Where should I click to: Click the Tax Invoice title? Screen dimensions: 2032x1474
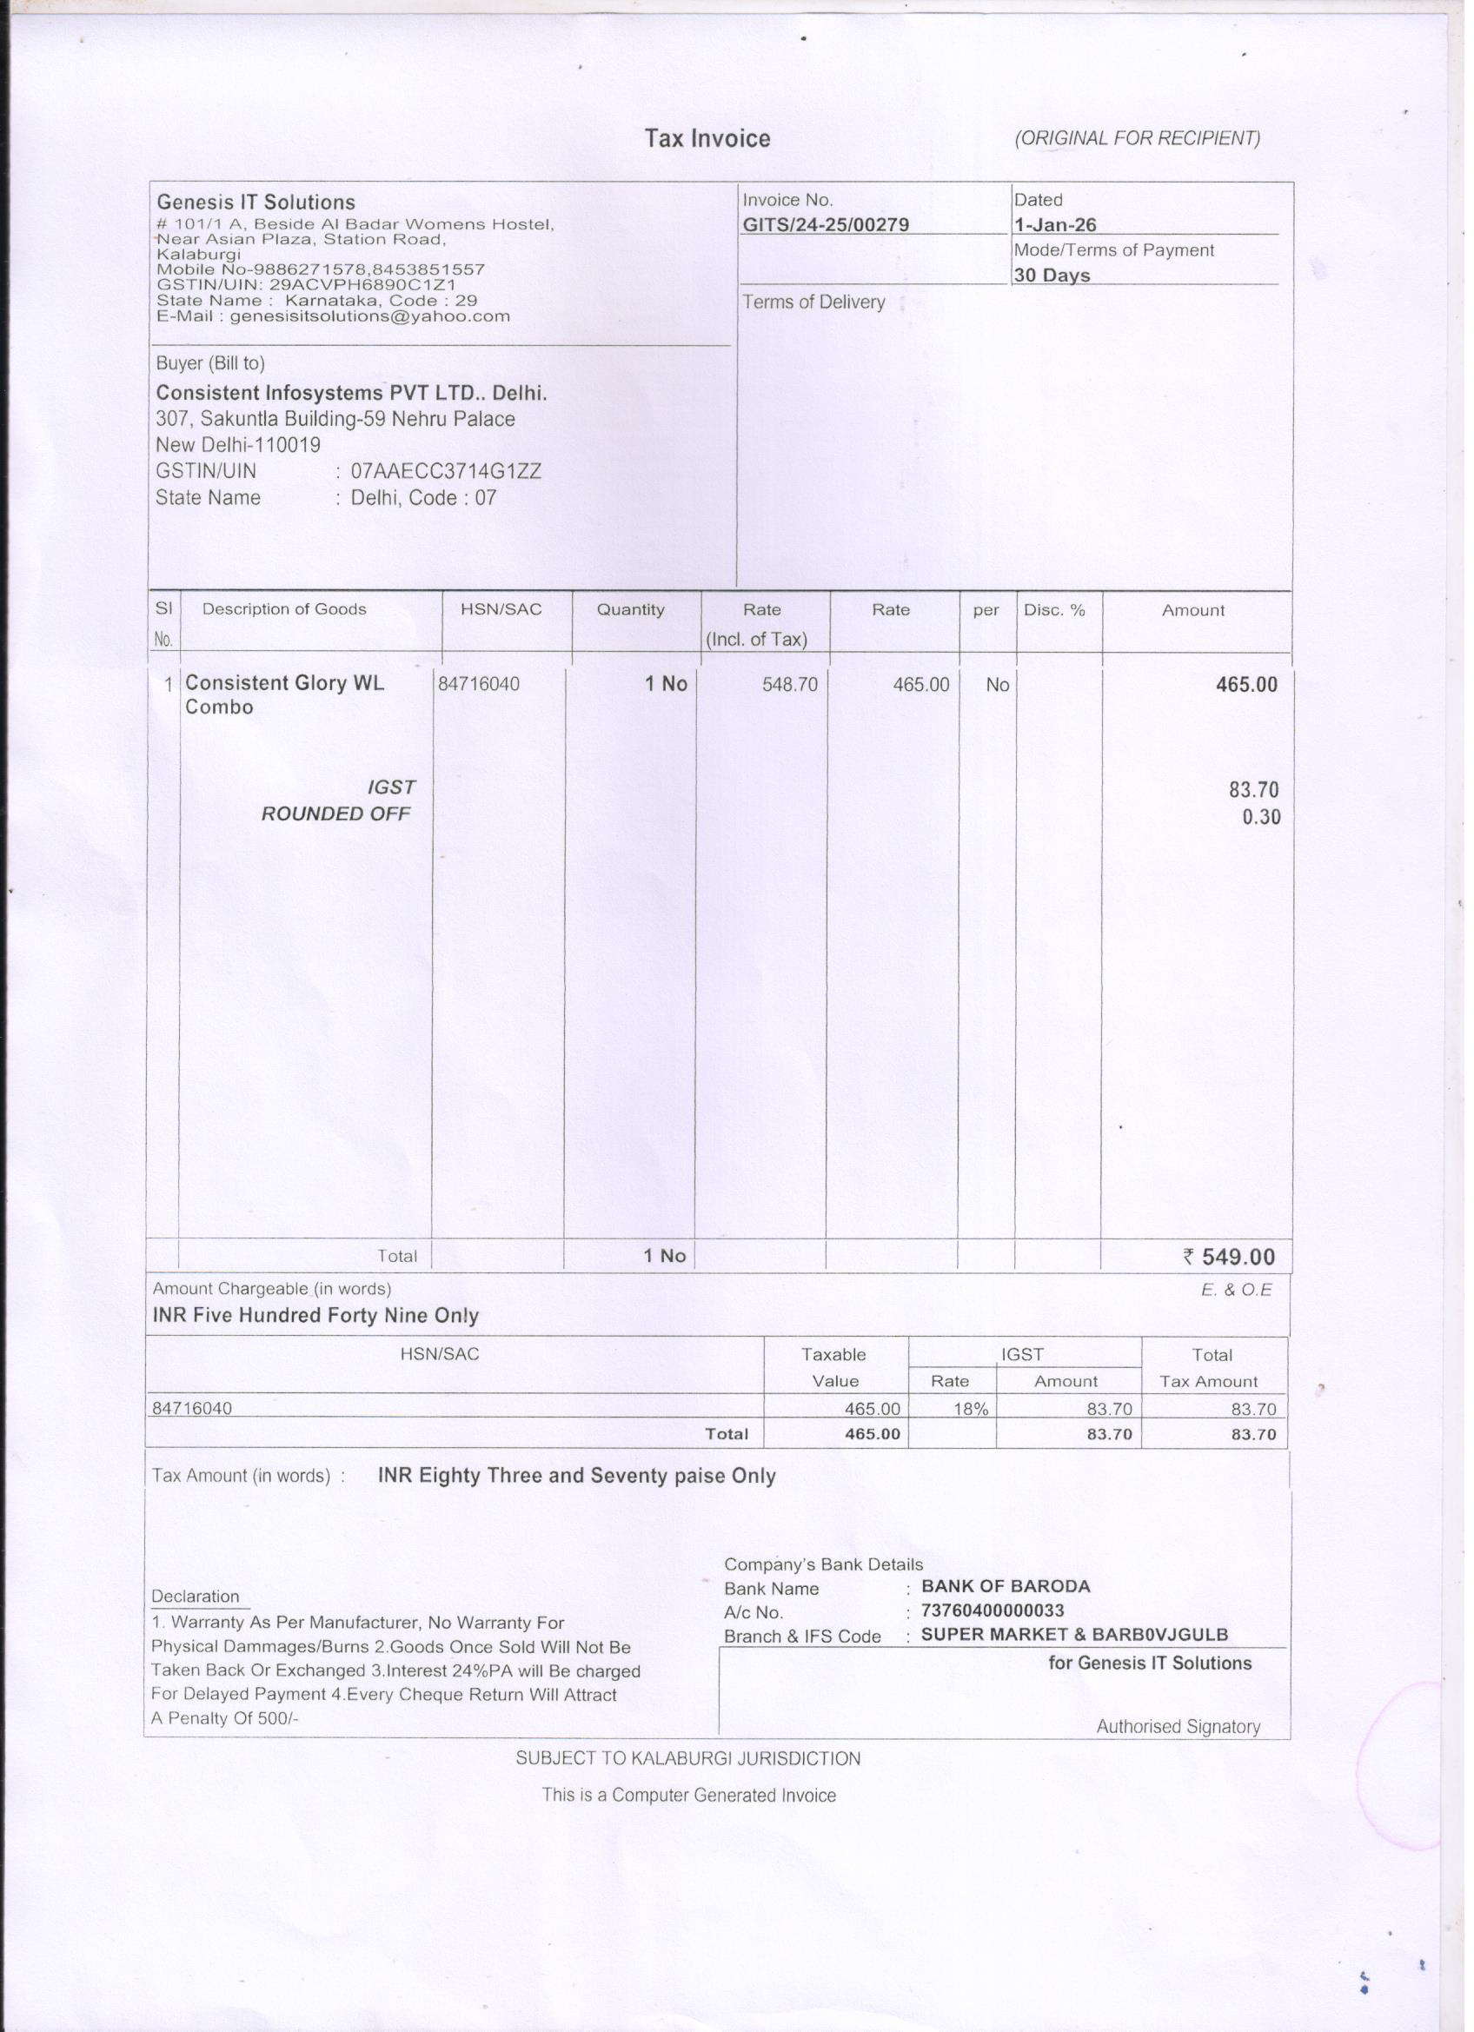tap(707, 139)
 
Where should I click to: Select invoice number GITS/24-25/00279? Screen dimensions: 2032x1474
tap(826, 225)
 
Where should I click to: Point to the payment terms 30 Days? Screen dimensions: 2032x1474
tap(1052, 275)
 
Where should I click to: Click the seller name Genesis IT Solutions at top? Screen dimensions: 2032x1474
tap(256, 203)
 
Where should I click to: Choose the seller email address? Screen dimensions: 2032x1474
tap(334, 316)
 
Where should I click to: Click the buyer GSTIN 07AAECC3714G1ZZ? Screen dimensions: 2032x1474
tap(445, 471)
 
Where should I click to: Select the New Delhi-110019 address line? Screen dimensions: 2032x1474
tap(237, 445)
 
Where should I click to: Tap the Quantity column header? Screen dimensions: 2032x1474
tap(630, 610)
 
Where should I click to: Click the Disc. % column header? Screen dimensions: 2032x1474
tap(1053, 610)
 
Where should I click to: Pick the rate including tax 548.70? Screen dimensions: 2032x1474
tap(789, 685)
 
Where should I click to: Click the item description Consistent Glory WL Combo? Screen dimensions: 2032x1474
tap(284, 694)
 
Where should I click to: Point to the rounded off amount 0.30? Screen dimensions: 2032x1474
tap(1261, 817)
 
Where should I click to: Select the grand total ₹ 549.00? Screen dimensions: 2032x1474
tap(1229, 1256)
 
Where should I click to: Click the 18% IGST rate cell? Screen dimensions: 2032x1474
tap(971, 1409)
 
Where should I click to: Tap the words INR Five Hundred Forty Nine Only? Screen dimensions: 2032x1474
tap(315, 1315)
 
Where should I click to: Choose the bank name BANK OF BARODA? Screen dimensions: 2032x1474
tap(1006, 1586)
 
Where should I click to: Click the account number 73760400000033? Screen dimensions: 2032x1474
tap(992, 1610)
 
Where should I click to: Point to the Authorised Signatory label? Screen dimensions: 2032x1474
tap(1178, 1726)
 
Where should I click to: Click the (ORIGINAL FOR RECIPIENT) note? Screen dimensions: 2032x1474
tap(1137, 138)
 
